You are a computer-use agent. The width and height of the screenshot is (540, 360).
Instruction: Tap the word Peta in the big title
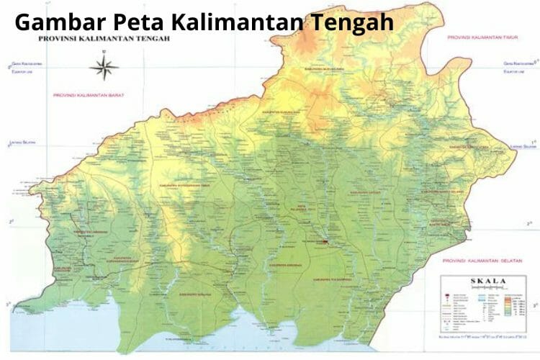click(141, 22)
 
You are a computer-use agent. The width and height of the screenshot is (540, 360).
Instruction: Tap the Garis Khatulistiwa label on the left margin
click(24, 63)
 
